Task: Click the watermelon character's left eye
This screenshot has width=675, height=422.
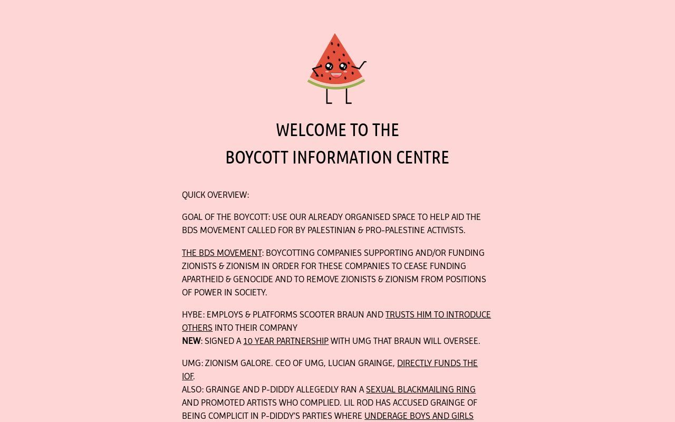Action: [x=329, y=66]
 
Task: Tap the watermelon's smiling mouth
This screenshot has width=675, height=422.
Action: [x=336, y=75]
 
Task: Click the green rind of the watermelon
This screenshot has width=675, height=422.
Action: [x=336, y=85]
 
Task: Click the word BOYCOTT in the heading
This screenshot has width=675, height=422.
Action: [x=256, y=158]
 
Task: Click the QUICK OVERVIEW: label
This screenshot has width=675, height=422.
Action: [x=215, y=195]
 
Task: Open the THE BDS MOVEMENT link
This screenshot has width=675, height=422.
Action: [x=221, y=253]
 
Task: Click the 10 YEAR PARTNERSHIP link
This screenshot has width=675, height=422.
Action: [x=285, y=341]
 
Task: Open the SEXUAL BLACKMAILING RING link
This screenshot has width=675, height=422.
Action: [x=420, y=390]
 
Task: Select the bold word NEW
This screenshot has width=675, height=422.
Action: [x=191, y=341]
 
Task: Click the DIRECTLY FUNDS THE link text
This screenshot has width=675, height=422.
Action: [x=437, y=363]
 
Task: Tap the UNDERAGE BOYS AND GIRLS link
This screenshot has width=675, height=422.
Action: [x=418, y=416]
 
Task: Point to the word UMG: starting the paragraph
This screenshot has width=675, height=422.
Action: [x=192, y=363]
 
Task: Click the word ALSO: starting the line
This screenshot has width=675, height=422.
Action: [x=192, y=390]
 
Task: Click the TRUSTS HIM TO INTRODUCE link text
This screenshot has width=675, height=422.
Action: [x=438, y=315]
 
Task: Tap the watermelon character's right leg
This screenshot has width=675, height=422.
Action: [x=348, y=97]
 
